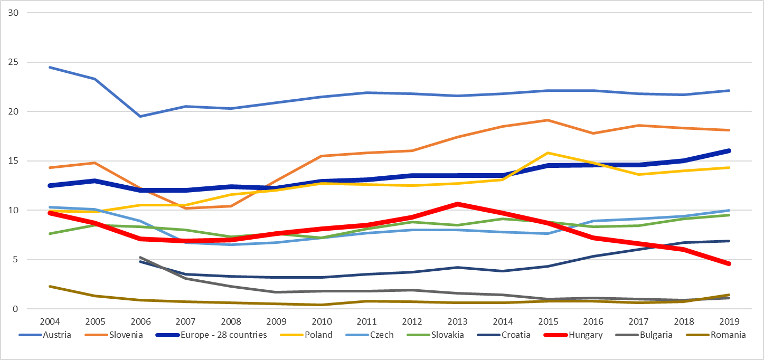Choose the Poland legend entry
(319, 335)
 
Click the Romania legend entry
(729, 335)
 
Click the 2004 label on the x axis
(49, 320)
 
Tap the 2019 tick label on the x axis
(729, 320)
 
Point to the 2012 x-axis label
(411, 320)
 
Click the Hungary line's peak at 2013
(457, 204)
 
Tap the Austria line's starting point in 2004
(49, 67)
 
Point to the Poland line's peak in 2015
(548, 153)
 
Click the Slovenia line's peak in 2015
(548, 120)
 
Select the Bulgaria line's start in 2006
(139, 258)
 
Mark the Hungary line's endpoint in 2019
(729, 263)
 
